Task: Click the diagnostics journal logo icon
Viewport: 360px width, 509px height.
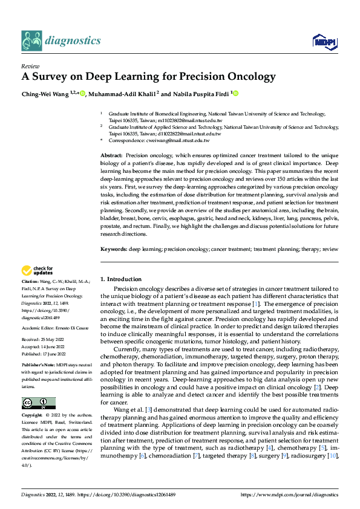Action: [x=31, y=40]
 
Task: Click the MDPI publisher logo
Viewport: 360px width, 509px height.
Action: [x=324, y=41]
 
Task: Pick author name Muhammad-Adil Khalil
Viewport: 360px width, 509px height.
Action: [x=120, y=94]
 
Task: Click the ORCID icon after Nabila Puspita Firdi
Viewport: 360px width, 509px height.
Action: [x=235, y=94]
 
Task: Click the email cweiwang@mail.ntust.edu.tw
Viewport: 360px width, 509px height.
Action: [x=181, y=140]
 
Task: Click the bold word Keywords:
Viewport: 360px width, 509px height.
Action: [x=113, y=249]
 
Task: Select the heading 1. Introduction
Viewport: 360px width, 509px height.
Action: [x=121, y=279]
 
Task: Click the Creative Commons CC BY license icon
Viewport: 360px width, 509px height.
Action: [x=38, y=403]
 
